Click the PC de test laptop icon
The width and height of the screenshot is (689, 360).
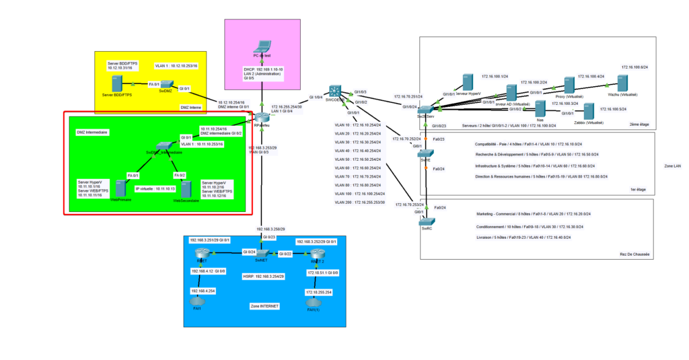coord(262,48)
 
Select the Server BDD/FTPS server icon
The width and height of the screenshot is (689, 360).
coord(116,84)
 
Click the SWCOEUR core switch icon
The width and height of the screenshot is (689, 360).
coord(334,92)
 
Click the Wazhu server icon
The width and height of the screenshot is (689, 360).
coord(622,84)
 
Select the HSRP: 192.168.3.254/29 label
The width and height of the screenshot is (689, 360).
coord(262,277)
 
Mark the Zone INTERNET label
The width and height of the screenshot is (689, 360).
coord(264,307)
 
